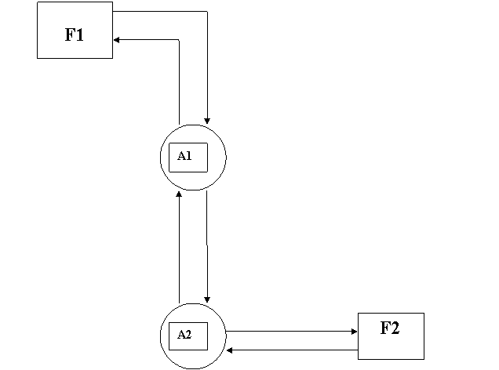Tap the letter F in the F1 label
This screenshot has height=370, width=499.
pos(70,35)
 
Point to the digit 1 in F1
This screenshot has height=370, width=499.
pos(79,35)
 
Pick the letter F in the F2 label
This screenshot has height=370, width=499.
pos(385,328)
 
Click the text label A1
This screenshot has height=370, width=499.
pos(184,156)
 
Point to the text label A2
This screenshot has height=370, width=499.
pos(184,335)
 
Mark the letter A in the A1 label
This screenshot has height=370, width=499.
pos(181,156)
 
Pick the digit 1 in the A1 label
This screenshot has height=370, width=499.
pos(188,156)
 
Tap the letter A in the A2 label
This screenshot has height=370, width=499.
pos(181,335)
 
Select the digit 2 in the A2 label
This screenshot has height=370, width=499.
pos(188,335)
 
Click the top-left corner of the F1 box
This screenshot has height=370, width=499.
pos(38,3)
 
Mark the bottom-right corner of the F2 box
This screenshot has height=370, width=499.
pos(422,357)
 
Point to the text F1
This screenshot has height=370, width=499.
pos(75,35)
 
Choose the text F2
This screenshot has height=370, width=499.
pos(390,328)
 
